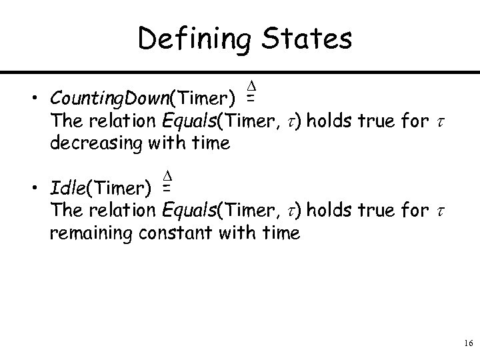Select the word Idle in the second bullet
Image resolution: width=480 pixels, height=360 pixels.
(66, 190)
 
